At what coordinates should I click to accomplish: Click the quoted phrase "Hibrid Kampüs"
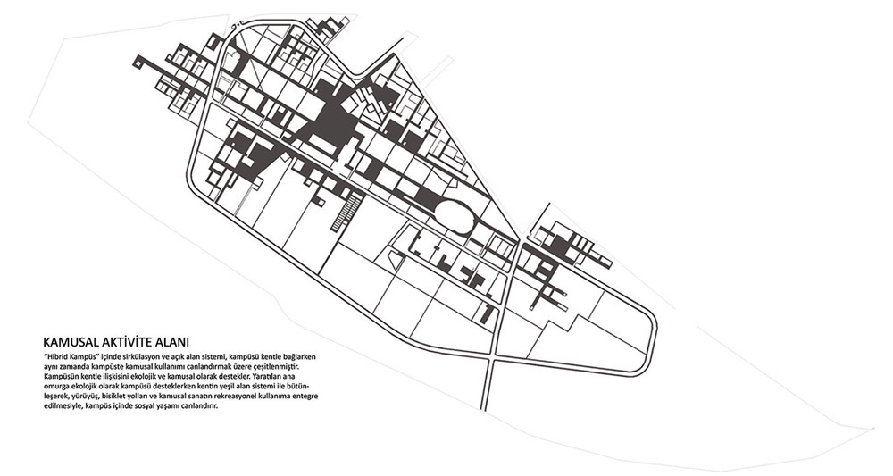[x=68, y=356]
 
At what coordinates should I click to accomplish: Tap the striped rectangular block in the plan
[x=347, y=212]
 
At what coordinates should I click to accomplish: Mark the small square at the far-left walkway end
[x=138, y=62]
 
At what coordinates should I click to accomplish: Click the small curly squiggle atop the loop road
[x=235, y=25]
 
